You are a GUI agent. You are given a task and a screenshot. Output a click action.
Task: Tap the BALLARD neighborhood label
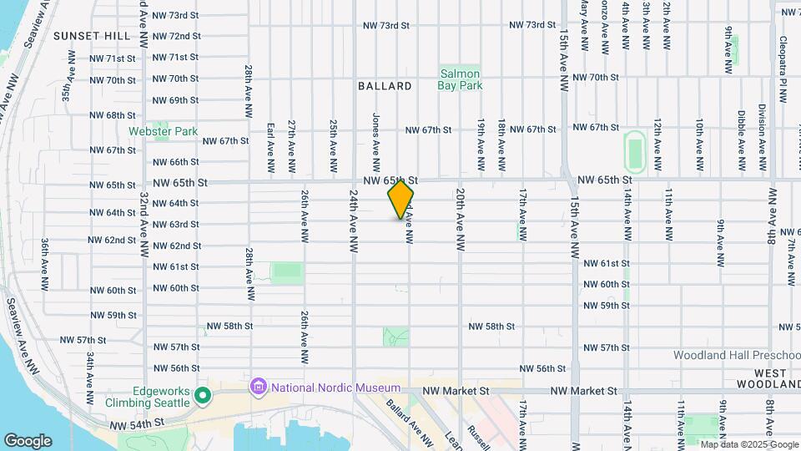(x=385, y=86)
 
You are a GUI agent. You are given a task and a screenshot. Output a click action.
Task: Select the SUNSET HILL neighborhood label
(x=92, y=36)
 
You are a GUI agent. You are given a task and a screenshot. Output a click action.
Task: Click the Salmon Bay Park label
(x=461, y=79)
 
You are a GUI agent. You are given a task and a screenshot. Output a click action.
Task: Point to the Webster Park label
(x=163, y=131)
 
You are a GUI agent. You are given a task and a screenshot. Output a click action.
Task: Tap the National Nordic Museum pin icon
(x=258, y=387)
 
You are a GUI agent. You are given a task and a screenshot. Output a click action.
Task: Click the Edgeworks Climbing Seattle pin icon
(x=201, y=395)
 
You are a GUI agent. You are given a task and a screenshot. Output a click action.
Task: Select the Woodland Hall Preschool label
(x=737, y=355)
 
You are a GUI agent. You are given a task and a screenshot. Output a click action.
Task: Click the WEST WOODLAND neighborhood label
(x=777, y=378)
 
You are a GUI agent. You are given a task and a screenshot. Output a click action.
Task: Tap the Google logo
(x=28, y=440)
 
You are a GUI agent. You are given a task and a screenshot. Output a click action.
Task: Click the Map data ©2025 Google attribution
(x=748, y=444)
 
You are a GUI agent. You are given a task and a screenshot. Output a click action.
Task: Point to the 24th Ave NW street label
(x=354, y=220)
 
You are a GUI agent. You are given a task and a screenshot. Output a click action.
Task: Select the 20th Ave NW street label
(x=460, y=220)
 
